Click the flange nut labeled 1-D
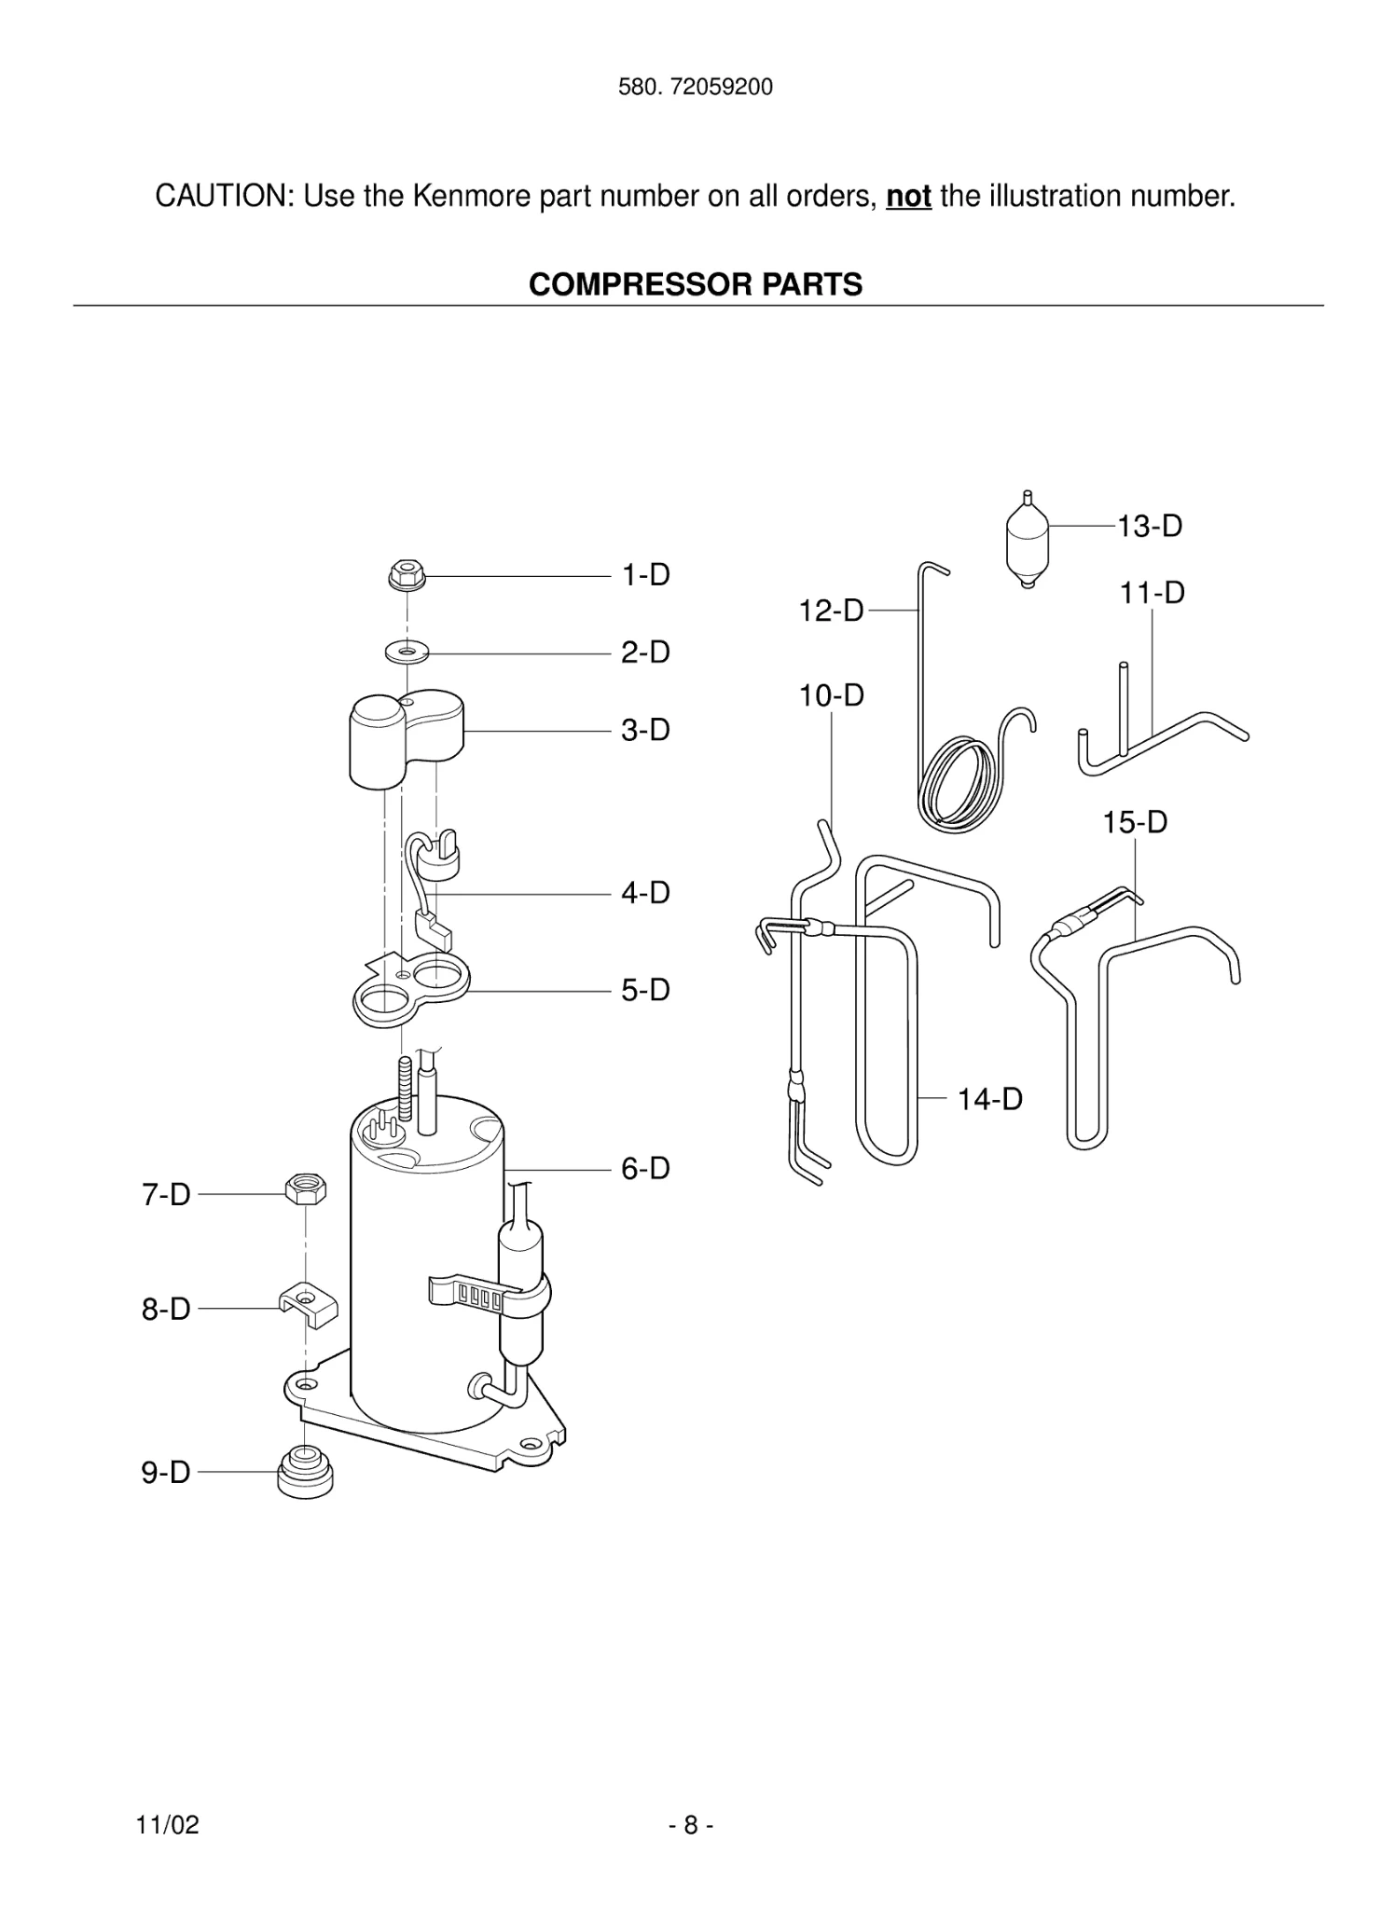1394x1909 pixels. point(405,574)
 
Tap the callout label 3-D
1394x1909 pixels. point(645,730)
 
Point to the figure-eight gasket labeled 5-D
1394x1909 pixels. point(410,992)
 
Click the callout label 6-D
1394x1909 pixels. point(645,1168)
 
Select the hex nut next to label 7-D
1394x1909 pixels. point(306,1189)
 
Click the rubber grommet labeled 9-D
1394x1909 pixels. point(305,1470)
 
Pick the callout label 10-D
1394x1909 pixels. point(831,695)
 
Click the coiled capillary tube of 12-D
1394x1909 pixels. point(960,781)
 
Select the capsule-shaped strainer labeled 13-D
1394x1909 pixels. point(1028,545)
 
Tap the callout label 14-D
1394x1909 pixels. point(989,1099)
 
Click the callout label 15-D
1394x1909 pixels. point(1135,822)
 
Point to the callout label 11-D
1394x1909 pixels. point(1152,593)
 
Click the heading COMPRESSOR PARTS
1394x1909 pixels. point(696,284)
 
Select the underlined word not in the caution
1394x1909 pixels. point(907,197)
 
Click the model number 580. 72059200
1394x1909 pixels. point(696,88)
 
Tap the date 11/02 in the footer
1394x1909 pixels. point(168,1824)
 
